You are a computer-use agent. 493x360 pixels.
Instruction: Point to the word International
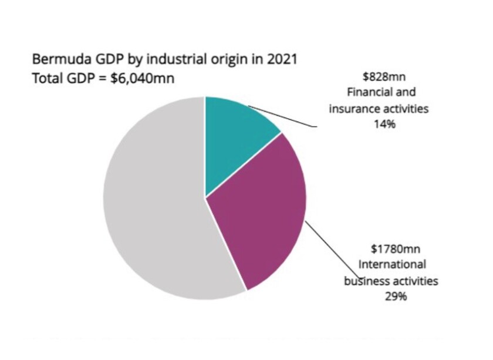pyautogui.click(x=392, y=264)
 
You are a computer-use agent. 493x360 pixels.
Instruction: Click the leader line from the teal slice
pyautogui.click(x=282, y=116)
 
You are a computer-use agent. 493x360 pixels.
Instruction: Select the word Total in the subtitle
pyautogui.click(x=45, y=78)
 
